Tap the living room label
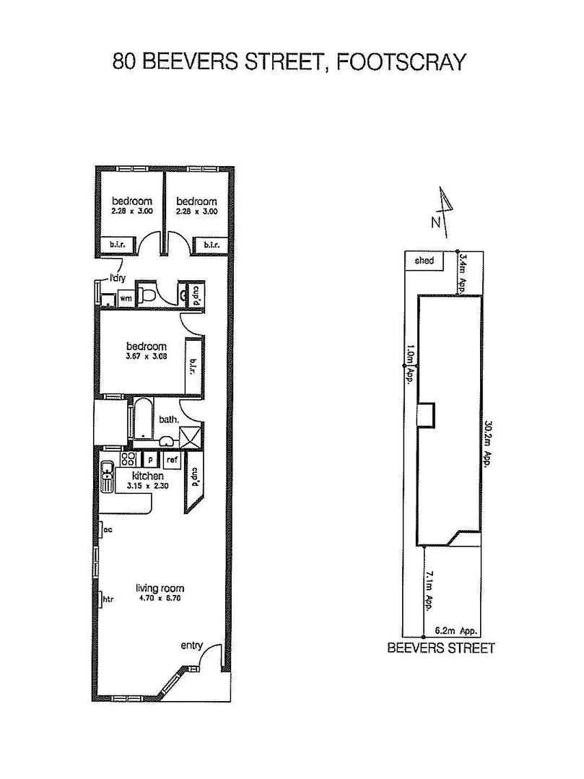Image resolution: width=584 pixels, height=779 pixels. tap(160, 588)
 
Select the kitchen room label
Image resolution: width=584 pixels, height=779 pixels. tap(147, 476)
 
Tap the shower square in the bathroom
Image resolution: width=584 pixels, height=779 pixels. tap(191, 438)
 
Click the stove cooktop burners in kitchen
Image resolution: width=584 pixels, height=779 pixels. tap(128, 459)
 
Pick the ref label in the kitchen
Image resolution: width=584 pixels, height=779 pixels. tap(172, 459)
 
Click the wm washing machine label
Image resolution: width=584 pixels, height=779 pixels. tap(126, 297)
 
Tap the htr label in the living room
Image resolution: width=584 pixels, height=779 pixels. tap(109, 599)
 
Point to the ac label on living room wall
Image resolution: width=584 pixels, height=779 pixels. tap(108, 529)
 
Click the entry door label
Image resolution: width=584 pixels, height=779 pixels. tap(193, 645)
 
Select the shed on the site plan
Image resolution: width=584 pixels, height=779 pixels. tap(424, 260)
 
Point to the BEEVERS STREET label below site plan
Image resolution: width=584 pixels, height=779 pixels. tap(441, 648)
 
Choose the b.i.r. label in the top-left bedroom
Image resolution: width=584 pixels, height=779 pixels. tap(118, 245)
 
